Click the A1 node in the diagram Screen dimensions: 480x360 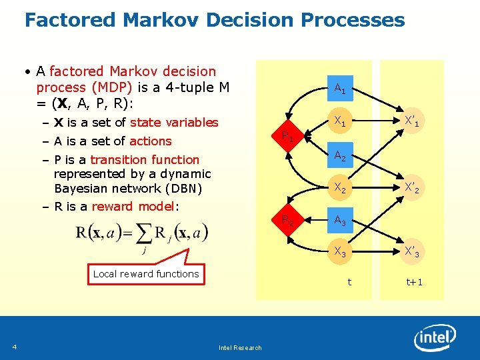(339, 87)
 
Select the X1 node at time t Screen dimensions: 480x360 (339, 122)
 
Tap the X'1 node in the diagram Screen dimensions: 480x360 (412, 122)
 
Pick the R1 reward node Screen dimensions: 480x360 (287, 137)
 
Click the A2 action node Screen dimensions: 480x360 (339, 156)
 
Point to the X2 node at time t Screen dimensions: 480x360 (339, 189)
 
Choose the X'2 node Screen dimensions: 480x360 (412, 189)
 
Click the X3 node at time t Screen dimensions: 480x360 (339, 251)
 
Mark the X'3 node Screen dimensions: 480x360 (412, 251)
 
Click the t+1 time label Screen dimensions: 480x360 (415, 282)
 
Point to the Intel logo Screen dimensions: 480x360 (435, 339)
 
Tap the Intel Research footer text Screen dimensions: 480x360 (240, 347)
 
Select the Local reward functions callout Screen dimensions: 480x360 (146, 273)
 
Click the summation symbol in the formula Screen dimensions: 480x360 (143, 233)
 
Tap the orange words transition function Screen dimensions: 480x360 (145, 159)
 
